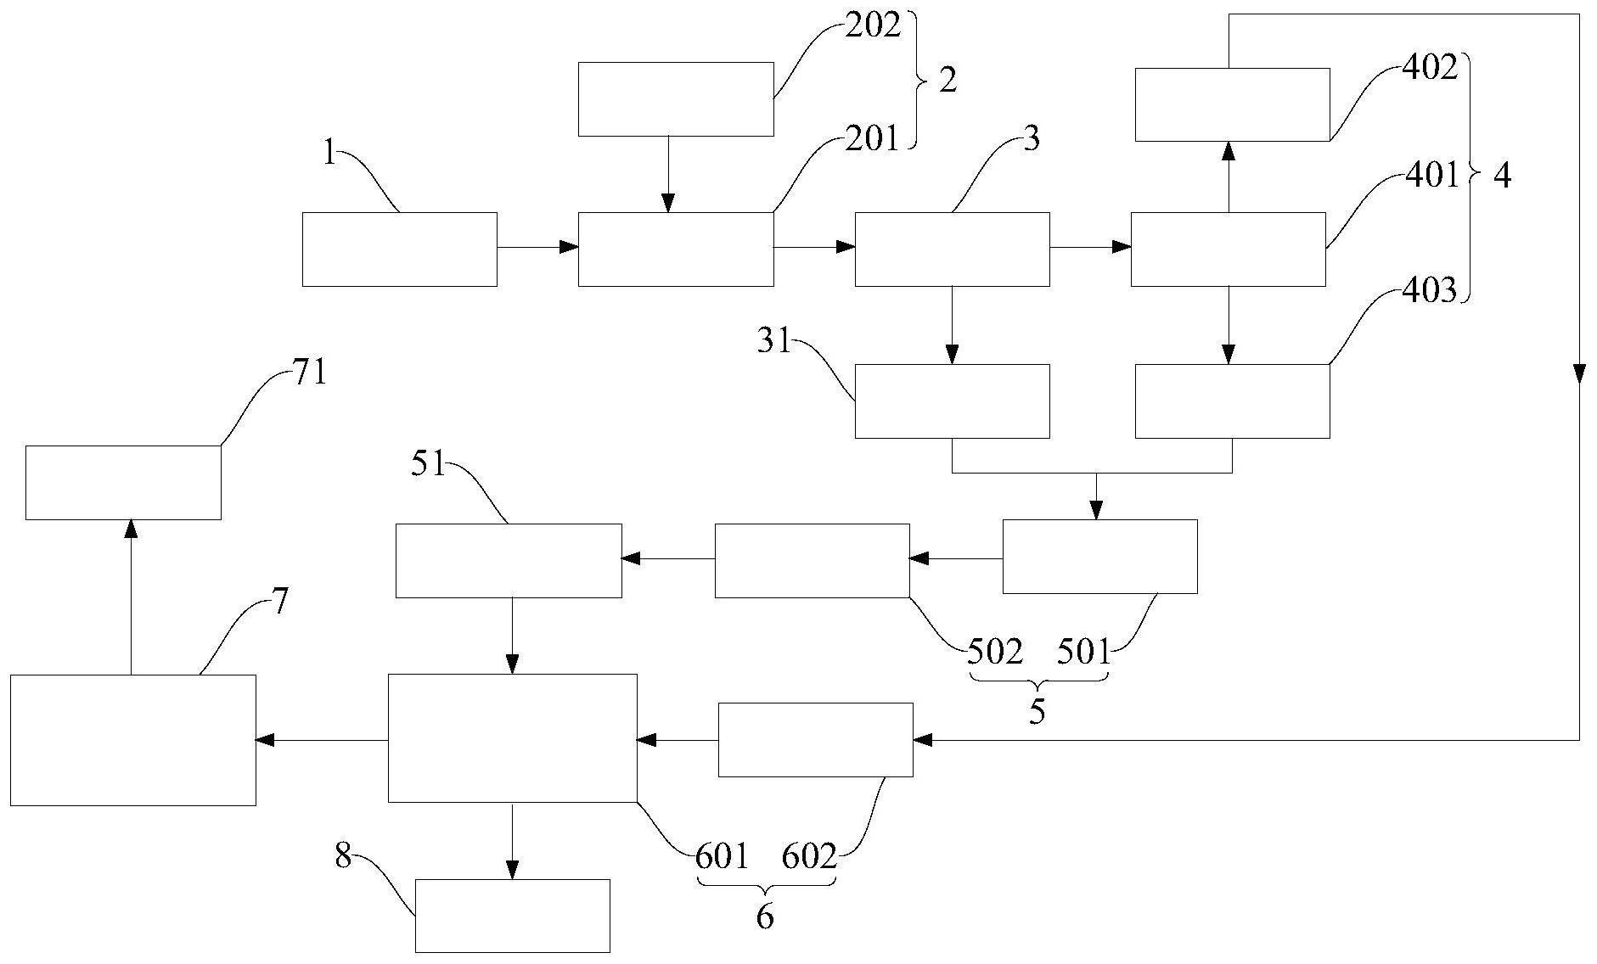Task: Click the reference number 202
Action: point(872,26)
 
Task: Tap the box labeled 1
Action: point(399,249)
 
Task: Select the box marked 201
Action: point(675,249)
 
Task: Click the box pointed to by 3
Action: point(951,249)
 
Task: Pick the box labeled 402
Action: point(1232,104)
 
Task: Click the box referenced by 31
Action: point(951,401)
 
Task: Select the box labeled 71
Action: point(123,482)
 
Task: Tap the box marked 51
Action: point(509,561)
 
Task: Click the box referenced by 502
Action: point(812,561)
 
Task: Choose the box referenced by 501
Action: point(1099,557)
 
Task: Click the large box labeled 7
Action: point(133,740)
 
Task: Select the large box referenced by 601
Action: point(512,738)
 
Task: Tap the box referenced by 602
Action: point(815,740)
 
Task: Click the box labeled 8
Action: point(512,916)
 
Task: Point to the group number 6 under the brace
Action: point(765,916)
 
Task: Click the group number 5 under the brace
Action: point(1037,712)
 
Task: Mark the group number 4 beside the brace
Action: point(1501,177)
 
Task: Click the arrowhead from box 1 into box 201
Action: point(570,247)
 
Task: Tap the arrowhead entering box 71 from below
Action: point(131,529)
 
